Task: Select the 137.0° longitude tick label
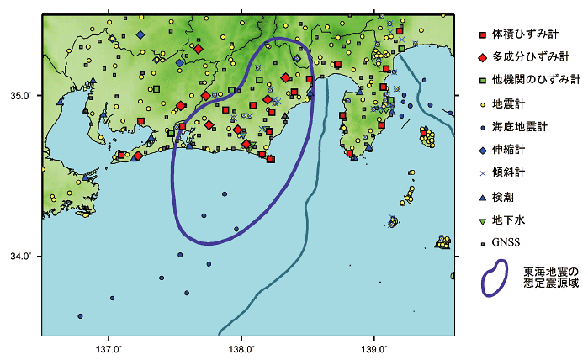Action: pyautogui.click(x=110, y=348)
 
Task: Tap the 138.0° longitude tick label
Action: pyautogui.click(x=241, y=348)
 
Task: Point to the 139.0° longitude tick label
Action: pyautogui.click(x=373, y=348)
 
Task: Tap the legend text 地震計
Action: pyautogui.click(x=510, y=104)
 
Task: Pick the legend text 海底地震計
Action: pyautogui.click(x=519, y=127)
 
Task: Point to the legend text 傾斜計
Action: pyautogui.click(x=510, y=173)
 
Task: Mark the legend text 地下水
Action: pyautogui.click(x=510, y=220)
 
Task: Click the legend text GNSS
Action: pyautogui.click(x=508, y=242)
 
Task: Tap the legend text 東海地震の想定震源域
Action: pyautogui.click(x=551, y=278)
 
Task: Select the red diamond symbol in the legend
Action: pyautogui.click(x=482, y=58)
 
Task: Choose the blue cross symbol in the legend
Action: pyautogui.click(x=482, y=173)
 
